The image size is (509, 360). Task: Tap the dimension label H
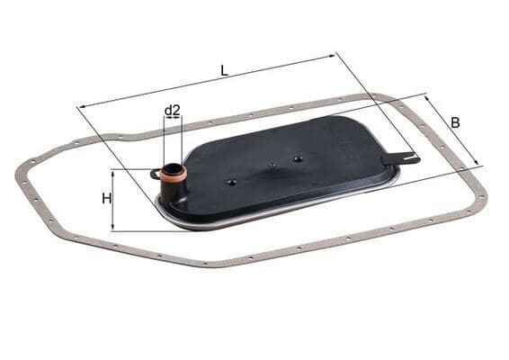106,198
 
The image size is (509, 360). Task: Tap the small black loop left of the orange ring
155,170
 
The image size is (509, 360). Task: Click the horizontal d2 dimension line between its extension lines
174,119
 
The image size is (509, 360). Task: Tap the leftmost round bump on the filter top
232,182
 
